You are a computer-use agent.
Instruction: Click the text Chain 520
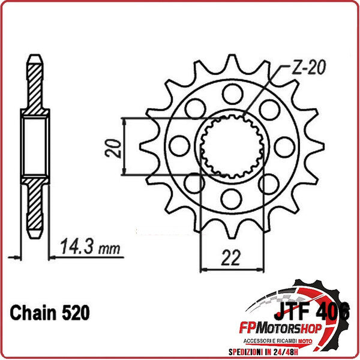pos(50,313)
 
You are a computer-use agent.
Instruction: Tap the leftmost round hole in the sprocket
pos(178,145)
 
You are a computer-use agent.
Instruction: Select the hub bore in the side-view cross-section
pos(34,147)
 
